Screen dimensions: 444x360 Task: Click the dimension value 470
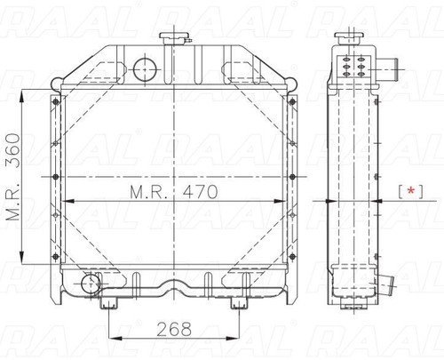tap(200, 192)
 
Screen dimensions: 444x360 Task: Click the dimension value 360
tap(13, 150)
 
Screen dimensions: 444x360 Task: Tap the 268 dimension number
tap(174, 329)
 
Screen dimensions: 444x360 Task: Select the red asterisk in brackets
tap(411, 191)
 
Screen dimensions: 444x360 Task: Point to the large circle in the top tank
tap(145, 69)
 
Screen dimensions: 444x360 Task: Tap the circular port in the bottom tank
tap(91, 284)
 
